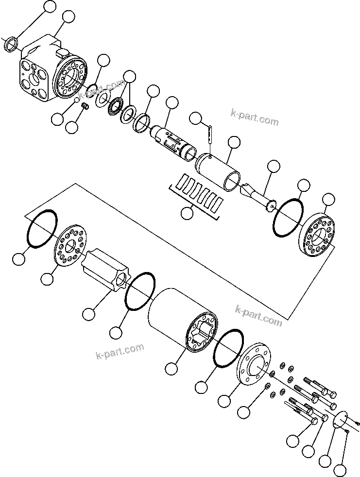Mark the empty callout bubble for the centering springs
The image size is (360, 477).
[186, 213]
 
